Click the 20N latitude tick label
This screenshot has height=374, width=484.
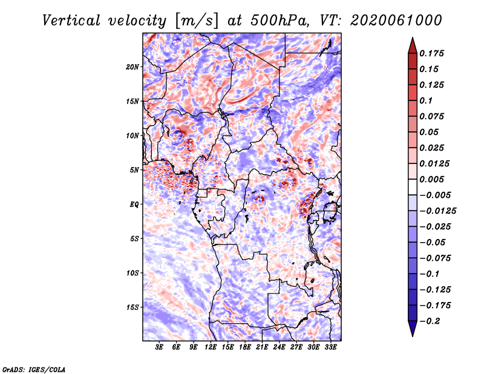tap(133, 67)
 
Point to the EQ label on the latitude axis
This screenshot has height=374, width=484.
tap(135, 204)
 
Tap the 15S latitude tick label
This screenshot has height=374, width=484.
tap(133, 307)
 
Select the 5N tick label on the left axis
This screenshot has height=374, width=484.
tap(135, 169)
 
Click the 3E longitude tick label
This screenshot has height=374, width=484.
tap(160, 347)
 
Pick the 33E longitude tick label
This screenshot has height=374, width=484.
tap(330, 347)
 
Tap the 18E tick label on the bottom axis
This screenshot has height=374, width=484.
tap(245, 347)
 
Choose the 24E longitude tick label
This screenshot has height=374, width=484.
tap(280, 347)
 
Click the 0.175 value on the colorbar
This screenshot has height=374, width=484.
tap(433, 53)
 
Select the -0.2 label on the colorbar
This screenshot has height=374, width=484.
tap(433, 321)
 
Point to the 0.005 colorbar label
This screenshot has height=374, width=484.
tap(433, 179)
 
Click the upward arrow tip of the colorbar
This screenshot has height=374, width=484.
tap(412, 39)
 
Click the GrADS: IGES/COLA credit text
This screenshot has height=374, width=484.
tap(33, 369)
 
